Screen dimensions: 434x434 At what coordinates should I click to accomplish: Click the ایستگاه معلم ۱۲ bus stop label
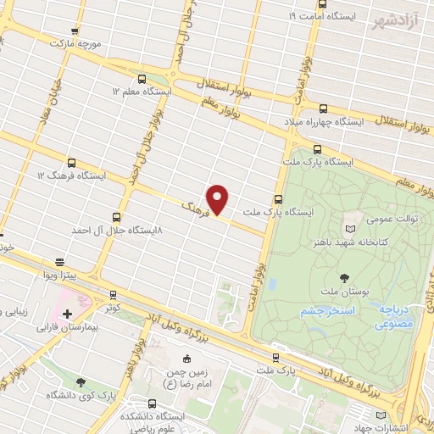click(145, 90)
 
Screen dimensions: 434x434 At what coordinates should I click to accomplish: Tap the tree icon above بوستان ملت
click(344, 277)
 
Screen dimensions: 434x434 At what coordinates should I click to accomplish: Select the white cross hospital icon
click(67, 313)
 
